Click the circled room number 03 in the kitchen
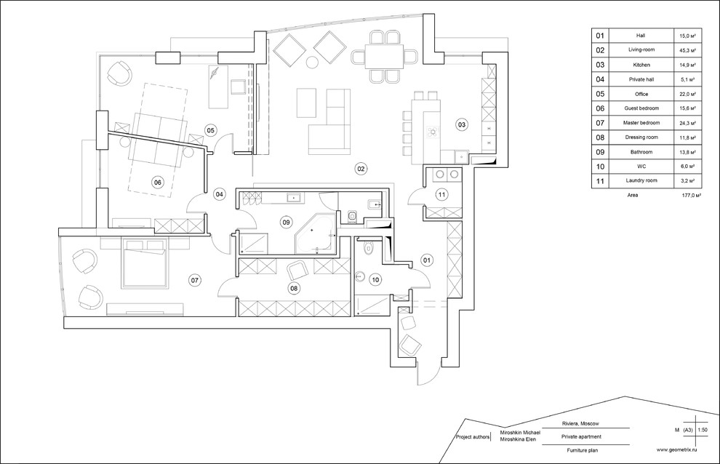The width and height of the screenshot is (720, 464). [462, 124]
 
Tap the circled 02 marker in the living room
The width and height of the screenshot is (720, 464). [361, 169]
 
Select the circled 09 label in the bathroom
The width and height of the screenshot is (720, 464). [286, 223]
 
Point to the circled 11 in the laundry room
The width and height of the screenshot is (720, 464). [441, 195]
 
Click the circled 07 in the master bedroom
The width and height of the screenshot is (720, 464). [194, 279]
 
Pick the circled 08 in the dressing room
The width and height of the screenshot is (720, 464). [294, 288]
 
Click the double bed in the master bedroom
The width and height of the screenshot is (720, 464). [144, 263]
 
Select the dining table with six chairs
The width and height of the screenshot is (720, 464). [384, 56]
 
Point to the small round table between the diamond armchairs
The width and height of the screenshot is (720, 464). [312, 62]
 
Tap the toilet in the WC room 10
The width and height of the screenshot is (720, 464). [367, 248]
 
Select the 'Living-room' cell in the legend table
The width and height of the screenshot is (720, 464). [641, 49]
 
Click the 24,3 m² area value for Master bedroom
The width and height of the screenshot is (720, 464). [688, 123]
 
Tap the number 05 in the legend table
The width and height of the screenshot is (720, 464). [600, 94]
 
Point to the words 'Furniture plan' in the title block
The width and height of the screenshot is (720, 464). [583, 451]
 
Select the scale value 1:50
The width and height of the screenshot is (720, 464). [702, 430]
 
